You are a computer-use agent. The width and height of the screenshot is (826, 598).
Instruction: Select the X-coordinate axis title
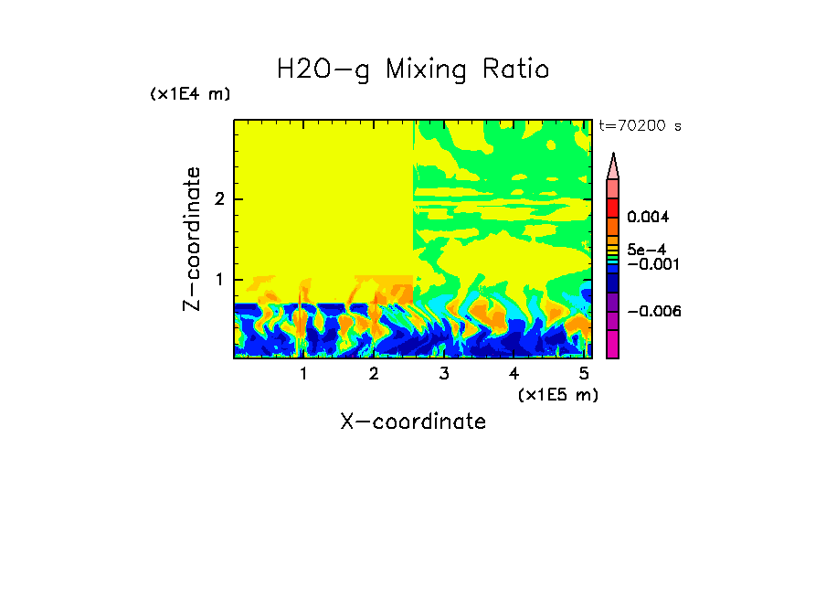coord(413,422)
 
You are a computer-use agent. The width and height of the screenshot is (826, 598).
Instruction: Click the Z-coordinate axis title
coord(192,239)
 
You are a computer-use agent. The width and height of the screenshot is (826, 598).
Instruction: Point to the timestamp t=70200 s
coord(640,126)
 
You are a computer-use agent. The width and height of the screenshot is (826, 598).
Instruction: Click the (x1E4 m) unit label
coord(190,94)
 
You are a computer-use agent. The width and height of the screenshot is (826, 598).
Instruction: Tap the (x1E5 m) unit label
coord(557,394)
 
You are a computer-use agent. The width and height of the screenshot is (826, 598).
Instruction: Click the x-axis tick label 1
coord(303,373)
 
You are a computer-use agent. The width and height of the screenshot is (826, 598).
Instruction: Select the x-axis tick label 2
coord(374,373)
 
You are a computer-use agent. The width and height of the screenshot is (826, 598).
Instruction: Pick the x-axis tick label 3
coord(444,373)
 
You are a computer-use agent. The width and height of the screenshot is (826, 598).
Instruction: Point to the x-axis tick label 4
coord(514,373)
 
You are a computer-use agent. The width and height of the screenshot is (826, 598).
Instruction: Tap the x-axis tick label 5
coord(584,373)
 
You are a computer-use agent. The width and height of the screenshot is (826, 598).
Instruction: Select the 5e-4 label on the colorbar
coord(646,250)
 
